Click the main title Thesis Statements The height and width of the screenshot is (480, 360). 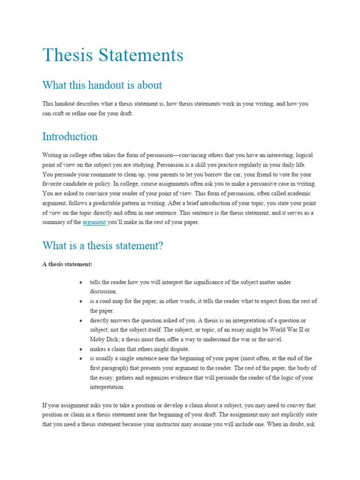pos(113,55)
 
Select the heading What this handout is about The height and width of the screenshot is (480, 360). pos(102,85)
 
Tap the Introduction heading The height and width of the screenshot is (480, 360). pos(70,136)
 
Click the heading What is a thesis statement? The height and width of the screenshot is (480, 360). pos(103,245)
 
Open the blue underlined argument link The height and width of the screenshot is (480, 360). pos(94,223)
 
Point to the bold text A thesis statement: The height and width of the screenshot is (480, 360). pos(67,264)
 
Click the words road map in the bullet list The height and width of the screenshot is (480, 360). pos(112,301)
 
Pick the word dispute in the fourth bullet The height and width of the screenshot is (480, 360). pos(180,349)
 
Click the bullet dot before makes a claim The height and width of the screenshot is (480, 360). pos(81,350)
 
